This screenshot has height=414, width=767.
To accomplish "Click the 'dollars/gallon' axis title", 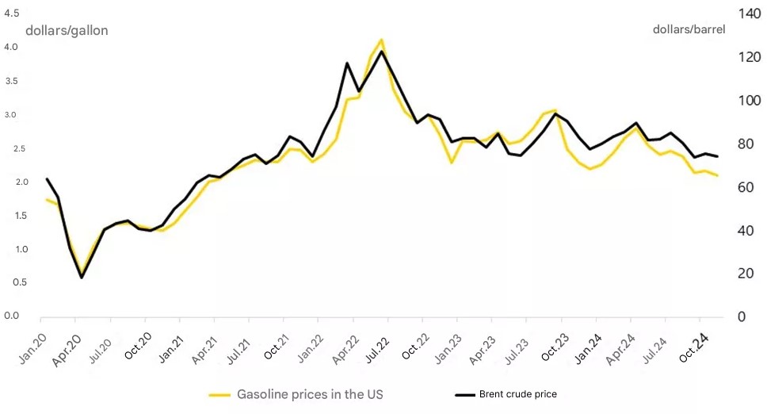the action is tap(67, 30).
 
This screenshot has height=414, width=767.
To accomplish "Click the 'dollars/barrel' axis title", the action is tap(689, 29).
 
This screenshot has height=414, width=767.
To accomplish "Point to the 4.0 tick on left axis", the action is tap(11, 47).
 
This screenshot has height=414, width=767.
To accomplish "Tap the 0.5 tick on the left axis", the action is tap(11, 282).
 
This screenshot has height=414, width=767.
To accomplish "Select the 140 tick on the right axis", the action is tap(750, 13).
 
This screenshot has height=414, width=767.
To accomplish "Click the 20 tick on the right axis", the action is tap(746, 274).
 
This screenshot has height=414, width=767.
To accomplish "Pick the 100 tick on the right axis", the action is tap(750, 101).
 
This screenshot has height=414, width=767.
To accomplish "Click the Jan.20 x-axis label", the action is tap(32, 348).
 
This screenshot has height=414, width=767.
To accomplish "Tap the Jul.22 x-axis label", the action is tap(377, 349).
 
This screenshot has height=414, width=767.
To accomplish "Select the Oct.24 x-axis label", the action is tap(693, 347).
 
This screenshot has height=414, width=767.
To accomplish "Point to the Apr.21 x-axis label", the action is tap(204, 350).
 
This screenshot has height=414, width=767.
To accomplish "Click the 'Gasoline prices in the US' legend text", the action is tap(310, 394).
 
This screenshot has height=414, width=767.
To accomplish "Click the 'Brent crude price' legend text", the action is tap(518, 394).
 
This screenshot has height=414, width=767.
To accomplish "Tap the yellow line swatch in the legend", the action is tap(219, 395).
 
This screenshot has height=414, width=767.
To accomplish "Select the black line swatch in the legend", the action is tap(464, 394).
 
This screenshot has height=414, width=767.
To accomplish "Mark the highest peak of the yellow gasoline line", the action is tap(382, 40).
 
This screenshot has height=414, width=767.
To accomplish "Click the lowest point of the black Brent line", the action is tap(81, 278).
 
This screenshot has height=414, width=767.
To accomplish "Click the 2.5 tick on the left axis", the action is tap(11, 149).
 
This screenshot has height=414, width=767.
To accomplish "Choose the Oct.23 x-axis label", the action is tap(555, 347).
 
